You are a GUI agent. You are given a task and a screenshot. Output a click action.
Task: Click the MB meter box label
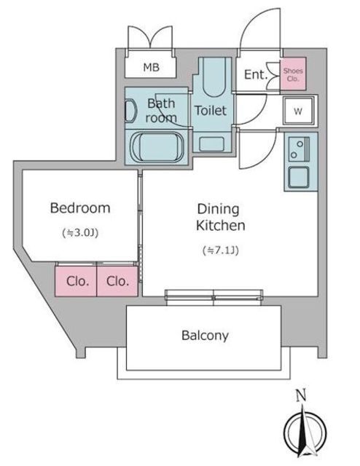[x=151, y=68]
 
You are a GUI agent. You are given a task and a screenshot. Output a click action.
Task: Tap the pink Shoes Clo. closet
[x=293, y=74]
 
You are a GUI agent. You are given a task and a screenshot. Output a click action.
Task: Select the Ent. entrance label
[x=256, y=74]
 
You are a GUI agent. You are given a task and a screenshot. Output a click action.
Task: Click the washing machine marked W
[x=298, y=111]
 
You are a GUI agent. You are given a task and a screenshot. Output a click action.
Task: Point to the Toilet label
[x=211, y=111]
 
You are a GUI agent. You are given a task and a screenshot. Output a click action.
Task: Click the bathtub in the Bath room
[x=157, y=147]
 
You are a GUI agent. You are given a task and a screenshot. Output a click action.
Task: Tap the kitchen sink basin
[x=299, y=177]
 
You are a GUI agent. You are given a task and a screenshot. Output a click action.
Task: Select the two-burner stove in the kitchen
[x=299, y=149]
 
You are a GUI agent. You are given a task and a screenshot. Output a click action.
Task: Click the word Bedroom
[x=80, y=208]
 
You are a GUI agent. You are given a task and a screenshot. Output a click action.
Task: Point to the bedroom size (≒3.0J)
[x=80, y=233]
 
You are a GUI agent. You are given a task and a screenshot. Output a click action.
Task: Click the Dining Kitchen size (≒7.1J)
[x=221, y=250]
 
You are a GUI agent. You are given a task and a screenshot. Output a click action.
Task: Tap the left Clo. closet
[x=76, y=281]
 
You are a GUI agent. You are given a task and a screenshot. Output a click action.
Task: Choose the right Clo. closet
[x=117, y=281]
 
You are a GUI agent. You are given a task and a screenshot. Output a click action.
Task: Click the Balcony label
[x=205, y=336]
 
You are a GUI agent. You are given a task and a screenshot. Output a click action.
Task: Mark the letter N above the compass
[x=301, y=396]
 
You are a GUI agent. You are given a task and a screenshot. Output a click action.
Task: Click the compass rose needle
[x=304, y=431]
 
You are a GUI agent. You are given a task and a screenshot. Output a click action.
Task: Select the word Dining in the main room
[x=218, y=209]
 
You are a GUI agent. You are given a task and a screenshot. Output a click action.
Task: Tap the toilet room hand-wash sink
[x=211, y=144]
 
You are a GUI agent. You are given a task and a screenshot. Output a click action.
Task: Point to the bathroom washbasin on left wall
[x=130, y=111]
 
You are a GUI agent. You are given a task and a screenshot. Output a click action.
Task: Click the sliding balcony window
[x=214, y=298]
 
